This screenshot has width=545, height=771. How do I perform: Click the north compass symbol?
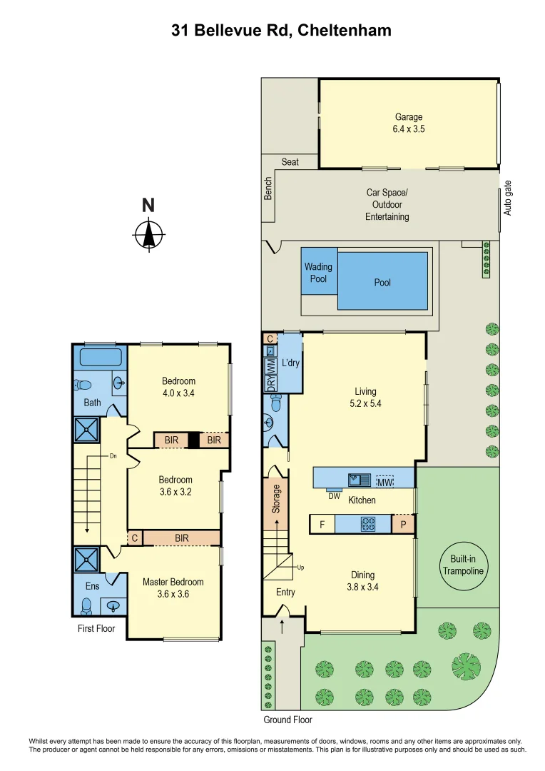[149, 233]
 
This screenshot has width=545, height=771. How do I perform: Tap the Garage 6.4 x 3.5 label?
[409, 123]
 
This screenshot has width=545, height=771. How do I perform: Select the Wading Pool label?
[318, 273]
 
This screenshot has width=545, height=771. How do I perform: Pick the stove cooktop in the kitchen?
[368, 524]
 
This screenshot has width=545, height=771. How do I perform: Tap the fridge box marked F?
[322, 525]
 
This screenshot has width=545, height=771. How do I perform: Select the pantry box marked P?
[402, 525]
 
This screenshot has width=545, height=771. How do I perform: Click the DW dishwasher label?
[334, 495]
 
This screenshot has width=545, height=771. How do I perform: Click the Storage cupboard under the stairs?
[277, 499]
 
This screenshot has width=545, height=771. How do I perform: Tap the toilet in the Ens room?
[86, 605]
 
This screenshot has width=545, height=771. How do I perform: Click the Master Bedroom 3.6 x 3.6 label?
[173, 588]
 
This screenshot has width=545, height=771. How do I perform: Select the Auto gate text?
[508, 198]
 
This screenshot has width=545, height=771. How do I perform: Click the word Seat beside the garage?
[290, 162]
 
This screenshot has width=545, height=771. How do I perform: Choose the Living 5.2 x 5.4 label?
[365, 397]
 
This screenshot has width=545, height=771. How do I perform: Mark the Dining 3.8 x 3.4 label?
[362, 581]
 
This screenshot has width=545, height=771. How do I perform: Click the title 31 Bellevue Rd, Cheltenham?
[281, 30]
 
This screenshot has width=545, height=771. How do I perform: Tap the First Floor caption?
[96, 629]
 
